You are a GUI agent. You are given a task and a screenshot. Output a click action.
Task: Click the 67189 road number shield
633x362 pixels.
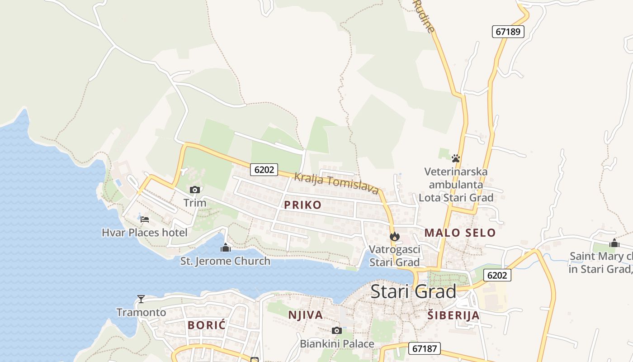[x=508, y=32]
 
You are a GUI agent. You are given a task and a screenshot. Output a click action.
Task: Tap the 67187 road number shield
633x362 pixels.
[x=425, y=348]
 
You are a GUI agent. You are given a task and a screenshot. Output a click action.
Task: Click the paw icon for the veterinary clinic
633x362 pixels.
[x=456, y=158]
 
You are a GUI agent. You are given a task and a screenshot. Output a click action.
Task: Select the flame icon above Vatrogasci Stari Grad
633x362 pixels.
[x=394, y=236]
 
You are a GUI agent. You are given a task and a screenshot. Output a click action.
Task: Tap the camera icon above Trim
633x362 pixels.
[x=195, y=190]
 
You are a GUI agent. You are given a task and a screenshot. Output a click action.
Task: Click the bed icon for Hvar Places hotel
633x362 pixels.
[x=145, y=219]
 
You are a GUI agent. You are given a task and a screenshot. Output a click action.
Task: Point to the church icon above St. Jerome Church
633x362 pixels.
[x=225, y=248]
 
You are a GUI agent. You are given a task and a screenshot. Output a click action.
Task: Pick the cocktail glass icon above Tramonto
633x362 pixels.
[x=141, y=299]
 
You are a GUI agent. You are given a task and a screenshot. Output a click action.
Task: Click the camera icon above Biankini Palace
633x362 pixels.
[x=337, y=330]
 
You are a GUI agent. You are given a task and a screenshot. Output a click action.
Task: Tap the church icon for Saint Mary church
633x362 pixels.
[x=614, y=243]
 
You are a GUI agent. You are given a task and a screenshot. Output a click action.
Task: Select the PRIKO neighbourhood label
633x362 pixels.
[x=302, y=205]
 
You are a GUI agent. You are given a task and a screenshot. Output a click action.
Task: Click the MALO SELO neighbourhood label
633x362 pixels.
[x=460, y=233]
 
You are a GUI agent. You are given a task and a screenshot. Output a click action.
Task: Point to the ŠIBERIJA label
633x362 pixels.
[x=453, y=316]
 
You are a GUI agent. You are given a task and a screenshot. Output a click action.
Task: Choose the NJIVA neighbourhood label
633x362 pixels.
[x=306, y=315]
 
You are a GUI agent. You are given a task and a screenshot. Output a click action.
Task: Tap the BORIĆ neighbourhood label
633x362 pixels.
[x=207, y=325]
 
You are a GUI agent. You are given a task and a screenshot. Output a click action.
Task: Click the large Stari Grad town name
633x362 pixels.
[x=413, y=292]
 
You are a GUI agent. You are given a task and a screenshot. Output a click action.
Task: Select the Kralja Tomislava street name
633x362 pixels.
[x=336, y=183]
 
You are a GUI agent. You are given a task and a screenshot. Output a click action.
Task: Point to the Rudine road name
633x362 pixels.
[x=425, y=17]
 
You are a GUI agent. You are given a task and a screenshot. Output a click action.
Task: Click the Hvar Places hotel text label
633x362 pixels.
[x=144, y=233]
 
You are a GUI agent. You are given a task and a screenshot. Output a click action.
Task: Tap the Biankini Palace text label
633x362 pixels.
[x=337, y=344]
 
